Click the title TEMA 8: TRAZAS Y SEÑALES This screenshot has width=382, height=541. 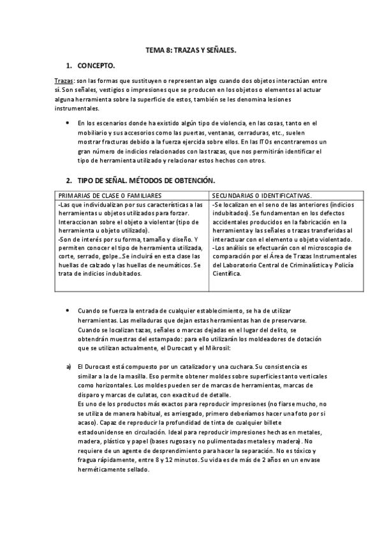191,50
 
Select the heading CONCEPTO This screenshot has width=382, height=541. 96,66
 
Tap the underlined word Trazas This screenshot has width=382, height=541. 63,81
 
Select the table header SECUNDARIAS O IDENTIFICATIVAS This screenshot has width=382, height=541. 261,194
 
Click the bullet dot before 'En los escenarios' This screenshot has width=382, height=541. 68,122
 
